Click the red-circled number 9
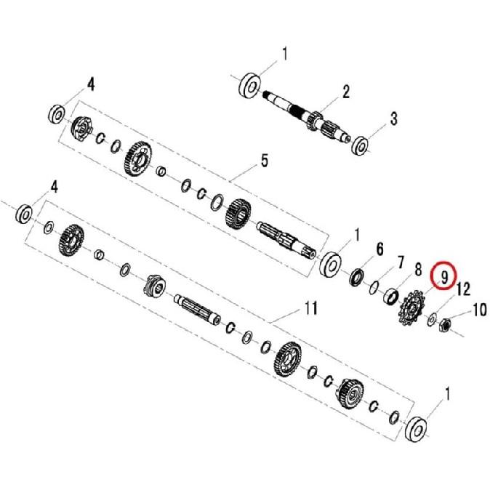pyautogui.click(x=441, y=277)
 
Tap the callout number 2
pyautogui.click(x=346, y=92)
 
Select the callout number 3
pyautogui.click(x=393, y=119)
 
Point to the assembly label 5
pyautogui.click(x=264, y=161)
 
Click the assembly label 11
pyautogui.click(x=310, y=310)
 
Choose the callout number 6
pyautogui.click(x=379, y=250)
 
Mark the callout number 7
pyautogui.click(x=399, y=261)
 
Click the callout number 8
pyautogui.click(x=417, y=270)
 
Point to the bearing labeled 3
pyautogui.click(x=361, y=145)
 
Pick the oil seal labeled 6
pyautogui.click(x=357, y=277)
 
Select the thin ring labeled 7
pyautogui.click(x=374, y=286)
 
